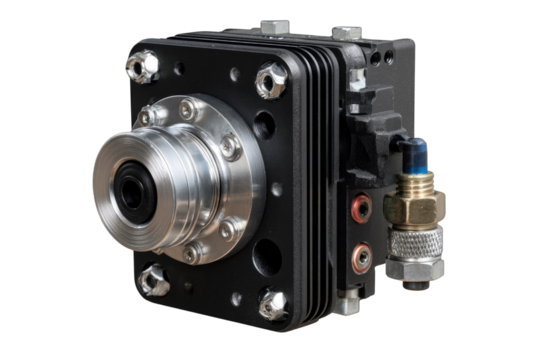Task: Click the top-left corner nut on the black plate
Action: pyautogui.click(x=142, y=67)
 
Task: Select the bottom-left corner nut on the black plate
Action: pyautogui.click(x=153, y=281)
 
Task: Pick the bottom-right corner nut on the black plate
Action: pyautogui.click(x=273, y=303)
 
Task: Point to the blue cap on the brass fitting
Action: pyautogui.click(x=414, y=155)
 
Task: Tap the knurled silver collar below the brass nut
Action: pyautogui.click(x=412, y=247)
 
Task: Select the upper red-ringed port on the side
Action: pyautogui.click(x=362, y=207)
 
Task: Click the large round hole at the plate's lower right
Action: pyautogui.click(x=266, y=256)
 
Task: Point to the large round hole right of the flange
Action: pyautogui.click(x=264, y=125)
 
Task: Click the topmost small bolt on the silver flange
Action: pyautogui.click(x=187, y=108)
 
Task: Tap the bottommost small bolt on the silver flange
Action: pyautogui.click(x=191, y=255)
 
